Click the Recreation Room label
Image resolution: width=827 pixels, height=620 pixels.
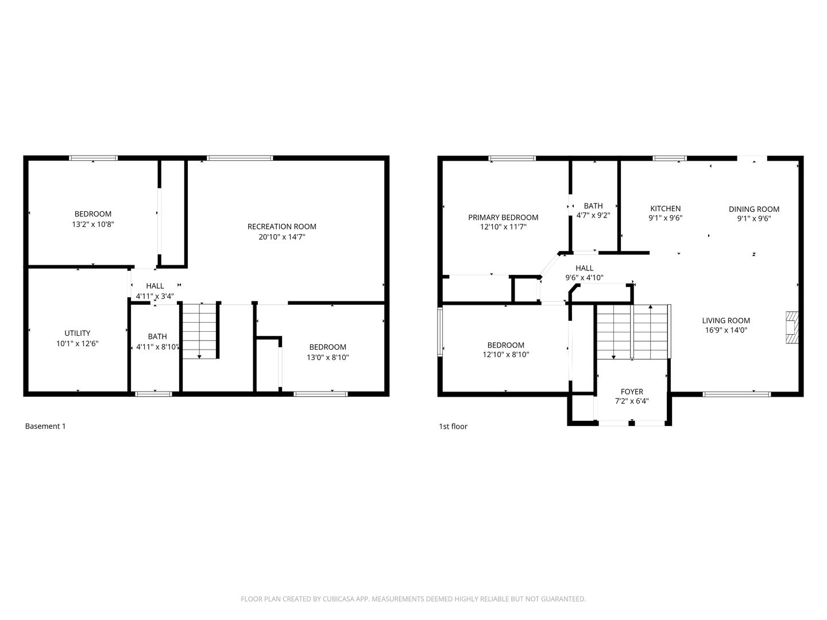[x=281, y=227]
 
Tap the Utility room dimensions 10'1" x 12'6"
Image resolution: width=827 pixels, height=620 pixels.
[x=77, y=343]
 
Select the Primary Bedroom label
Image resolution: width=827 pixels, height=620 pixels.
[x=503, y=217]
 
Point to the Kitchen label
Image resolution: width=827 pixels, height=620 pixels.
[x=666, y=208]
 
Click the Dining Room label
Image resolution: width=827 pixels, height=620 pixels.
[x=754, y=209]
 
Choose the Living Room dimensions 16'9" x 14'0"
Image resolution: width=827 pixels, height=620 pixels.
[x=726, y=330]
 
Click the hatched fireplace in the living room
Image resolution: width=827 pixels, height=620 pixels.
[x=792, y=327]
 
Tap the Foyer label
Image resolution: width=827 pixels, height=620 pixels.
[x=632, y=392]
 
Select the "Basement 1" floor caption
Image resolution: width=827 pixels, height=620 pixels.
[x=45, y=426]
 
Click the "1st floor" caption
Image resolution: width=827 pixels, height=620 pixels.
[x=453, y=426]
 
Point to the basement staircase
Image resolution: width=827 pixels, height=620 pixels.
[x=199, y=331]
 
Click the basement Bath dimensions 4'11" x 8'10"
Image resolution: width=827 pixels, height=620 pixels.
[x=157, y=347]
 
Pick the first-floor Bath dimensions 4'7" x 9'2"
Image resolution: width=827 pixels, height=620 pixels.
[x=593, y=215]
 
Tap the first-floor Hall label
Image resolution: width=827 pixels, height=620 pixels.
[x=585, y=268]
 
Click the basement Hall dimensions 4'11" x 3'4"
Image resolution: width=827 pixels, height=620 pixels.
[x=155, y=296]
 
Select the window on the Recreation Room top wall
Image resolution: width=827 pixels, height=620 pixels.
[x=239, y=158]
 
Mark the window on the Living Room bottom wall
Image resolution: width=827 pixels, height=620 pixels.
[x=737, y=394]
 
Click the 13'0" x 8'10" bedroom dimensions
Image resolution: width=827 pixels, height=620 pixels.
[x=328, y=357]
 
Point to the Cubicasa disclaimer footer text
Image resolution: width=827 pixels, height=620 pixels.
[x=413, y=599]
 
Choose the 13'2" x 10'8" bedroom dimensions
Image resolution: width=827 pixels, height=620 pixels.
[x=93, y=224]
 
